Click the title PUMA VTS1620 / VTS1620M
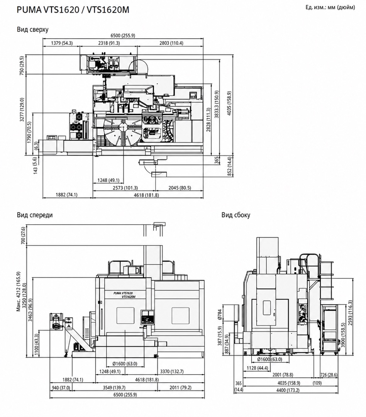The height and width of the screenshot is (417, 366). coord(73,10)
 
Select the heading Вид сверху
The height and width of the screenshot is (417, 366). coord(33,29)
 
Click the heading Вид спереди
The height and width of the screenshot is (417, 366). coord(35,215)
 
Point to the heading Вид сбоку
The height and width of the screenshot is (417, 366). coord(236,215)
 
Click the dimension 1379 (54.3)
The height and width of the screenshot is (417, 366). coord(62,43)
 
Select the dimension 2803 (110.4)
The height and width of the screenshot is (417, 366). coord(171,43)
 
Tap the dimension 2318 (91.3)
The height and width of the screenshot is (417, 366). coord(109,43)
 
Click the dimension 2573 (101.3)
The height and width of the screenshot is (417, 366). coord(125,188)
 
